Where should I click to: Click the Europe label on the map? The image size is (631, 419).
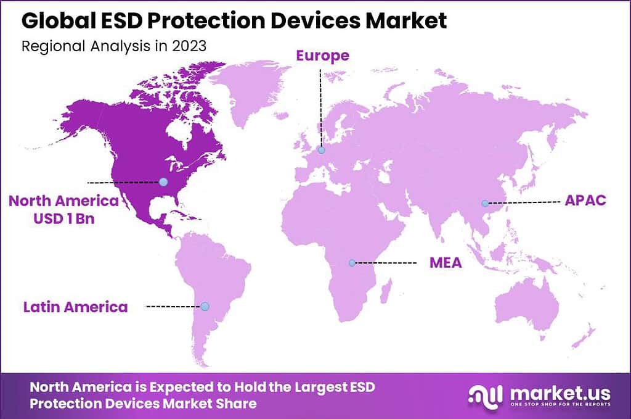pyautogui.click(x=322, y=56)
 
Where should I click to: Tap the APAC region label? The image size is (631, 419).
pyautogui.click(x=585, y=201)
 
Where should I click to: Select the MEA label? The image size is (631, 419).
pyautogui.click(x=446, y=263)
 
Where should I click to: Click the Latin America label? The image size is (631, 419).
pyautogui.click(x=75, y=307)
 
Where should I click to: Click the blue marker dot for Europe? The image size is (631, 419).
pyautogui.click(x=321, y=149)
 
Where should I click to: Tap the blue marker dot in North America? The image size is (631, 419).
pyautogui.click(x=163, y=181)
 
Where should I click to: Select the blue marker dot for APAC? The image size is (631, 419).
pyautogui.click(x=485, y=203)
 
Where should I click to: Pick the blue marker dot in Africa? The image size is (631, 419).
pyautogui.click(x=352, y=263)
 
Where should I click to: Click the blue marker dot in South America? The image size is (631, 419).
pyautogui.click(x=205, y=306)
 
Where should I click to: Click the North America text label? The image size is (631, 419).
pyautogui.click(x=63, y=201)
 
